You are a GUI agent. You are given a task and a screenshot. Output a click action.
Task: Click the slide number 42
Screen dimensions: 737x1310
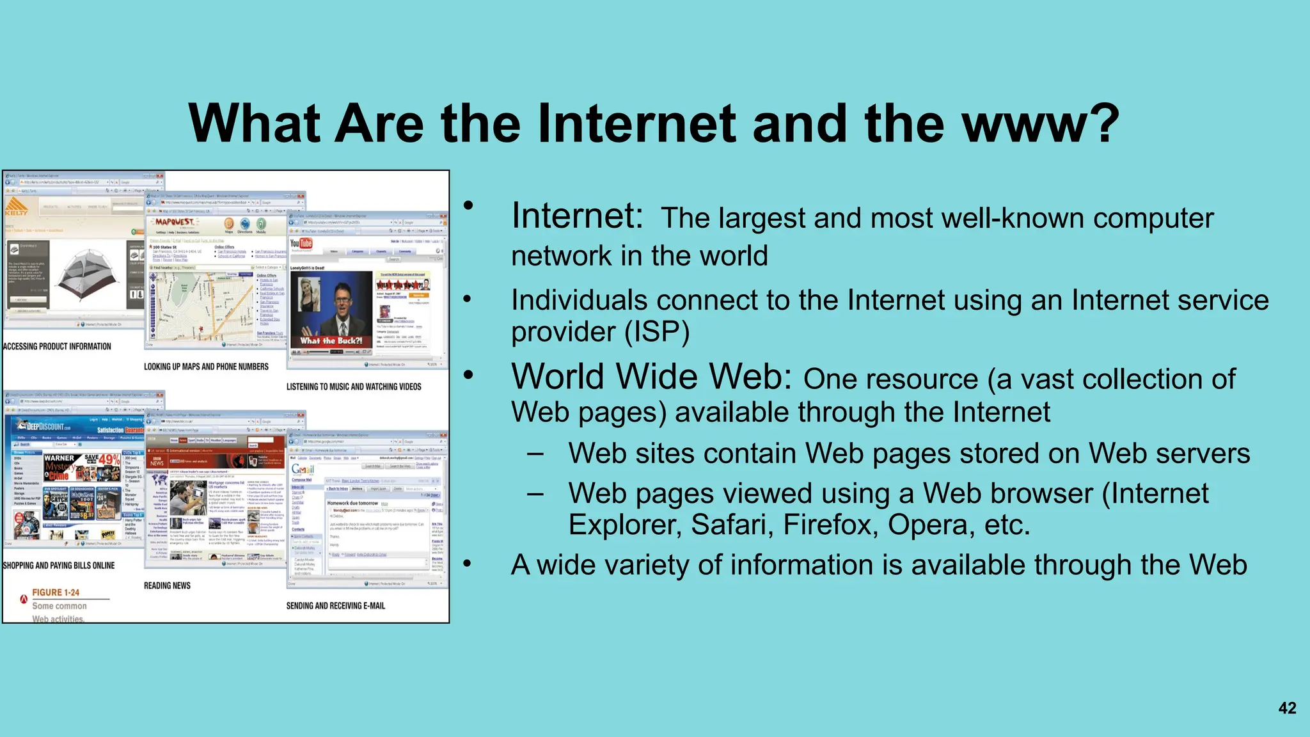pos(1287,708)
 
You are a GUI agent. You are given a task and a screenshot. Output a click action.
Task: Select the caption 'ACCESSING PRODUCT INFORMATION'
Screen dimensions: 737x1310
pos(57,347)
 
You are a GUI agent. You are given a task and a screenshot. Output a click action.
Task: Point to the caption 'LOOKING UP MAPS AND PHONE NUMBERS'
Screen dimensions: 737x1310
pos(206,367)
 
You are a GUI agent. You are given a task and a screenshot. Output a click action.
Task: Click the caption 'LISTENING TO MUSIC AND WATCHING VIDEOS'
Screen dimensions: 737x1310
pos(354,387)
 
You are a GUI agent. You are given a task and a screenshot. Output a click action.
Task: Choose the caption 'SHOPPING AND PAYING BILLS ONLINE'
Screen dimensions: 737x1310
pos(59,566)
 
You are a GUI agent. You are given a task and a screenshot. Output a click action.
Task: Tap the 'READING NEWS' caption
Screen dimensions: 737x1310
pos(167,585)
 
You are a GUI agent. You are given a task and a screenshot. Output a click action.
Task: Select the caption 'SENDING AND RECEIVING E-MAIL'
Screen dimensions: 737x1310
pos(336,606)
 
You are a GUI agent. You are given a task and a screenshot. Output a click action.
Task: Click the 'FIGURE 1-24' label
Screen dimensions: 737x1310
pos(56,592)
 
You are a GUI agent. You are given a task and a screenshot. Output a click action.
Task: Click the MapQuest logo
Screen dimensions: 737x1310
pos(174,222)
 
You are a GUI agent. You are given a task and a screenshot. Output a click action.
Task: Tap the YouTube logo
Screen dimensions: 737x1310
pos(301,244)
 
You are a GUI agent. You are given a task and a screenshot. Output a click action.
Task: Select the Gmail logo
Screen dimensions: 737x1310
pos(303,470)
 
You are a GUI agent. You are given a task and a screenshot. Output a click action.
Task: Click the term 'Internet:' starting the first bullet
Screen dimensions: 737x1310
pos(577,216)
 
